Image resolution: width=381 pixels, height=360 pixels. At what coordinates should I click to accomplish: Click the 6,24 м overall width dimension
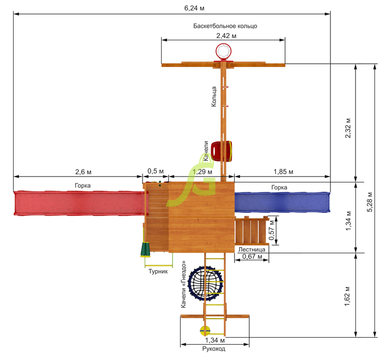coord(194,8)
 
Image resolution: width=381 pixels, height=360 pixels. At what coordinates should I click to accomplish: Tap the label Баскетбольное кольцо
coord(225,26)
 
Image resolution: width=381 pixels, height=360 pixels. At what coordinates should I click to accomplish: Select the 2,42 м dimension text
coord(226,36)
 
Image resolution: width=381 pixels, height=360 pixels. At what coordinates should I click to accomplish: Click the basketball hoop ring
coord(223,51)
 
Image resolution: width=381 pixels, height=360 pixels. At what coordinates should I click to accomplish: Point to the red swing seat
coord(221,151)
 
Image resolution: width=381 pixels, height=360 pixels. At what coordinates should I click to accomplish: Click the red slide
coord(79,203)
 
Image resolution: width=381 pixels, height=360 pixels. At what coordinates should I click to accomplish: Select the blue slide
coord(282,202)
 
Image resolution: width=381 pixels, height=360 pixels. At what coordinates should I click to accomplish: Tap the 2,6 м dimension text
coord(83,172)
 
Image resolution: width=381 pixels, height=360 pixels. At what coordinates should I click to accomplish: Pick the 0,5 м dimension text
coord(156,171)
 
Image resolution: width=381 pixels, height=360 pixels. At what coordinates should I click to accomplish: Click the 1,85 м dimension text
coord(284,172)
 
